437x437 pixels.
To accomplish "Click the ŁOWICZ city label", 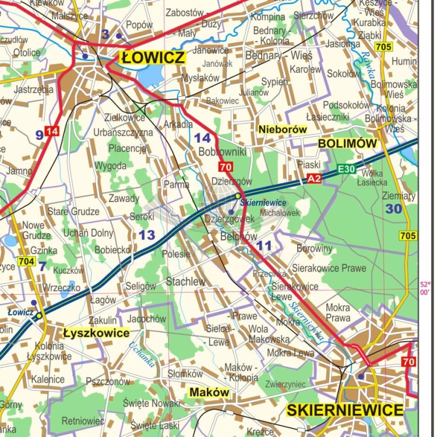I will click(153, 57).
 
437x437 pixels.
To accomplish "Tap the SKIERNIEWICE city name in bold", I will click(345, 410).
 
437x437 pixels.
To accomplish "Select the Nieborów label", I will click(282, 129).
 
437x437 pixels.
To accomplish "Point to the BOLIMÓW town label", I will click(347, 143).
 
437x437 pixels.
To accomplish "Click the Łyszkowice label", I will click(96, 333).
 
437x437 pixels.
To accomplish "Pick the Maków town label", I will click(209, 393).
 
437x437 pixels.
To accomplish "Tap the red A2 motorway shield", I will click(314, 179).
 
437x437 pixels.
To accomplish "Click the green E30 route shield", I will click(347, 170).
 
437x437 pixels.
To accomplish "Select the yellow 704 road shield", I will click(26, 262).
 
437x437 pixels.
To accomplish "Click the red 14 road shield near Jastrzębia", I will click(52, 131).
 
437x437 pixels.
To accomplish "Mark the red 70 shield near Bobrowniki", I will click(226, 168).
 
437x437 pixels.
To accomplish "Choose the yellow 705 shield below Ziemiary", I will click(408, 235).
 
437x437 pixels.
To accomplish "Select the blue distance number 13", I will click(146, 235).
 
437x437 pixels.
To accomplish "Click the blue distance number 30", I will click(393, 209).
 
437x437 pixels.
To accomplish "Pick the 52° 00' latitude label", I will click(425, 288).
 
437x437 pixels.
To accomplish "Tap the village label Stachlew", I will click(186, 281).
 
